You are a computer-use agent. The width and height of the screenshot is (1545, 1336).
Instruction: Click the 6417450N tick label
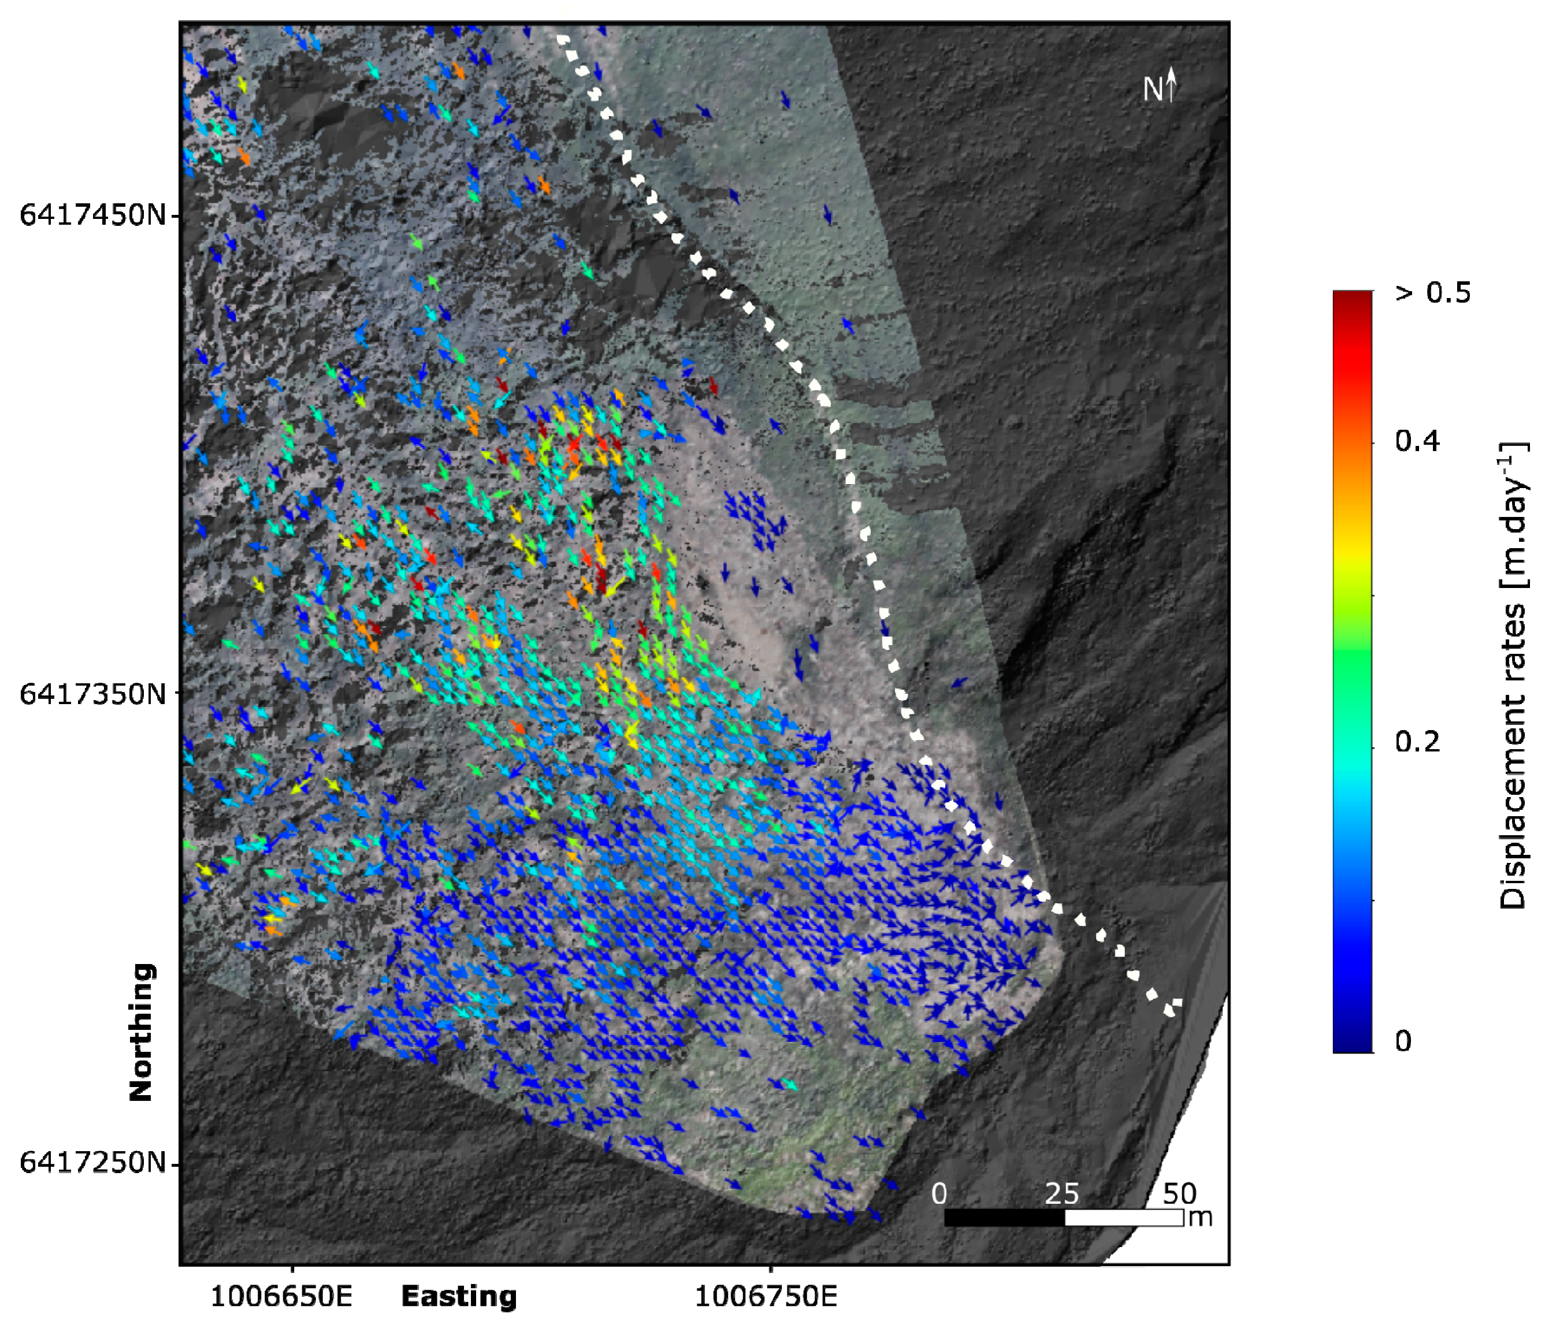tap(92, 215)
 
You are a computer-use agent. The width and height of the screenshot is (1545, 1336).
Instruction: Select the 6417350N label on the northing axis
tap(92, 694)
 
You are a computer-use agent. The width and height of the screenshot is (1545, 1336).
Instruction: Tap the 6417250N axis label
tap(92, 1162)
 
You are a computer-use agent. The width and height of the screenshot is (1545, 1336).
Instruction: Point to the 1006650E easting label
tap(281, 1297)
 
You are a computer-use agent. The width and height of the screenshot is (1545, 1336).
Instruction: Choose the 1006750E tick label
tap(766, 1297)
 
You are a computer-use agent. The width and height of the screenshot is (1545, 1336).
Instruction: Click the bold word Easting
tap(459, 1297)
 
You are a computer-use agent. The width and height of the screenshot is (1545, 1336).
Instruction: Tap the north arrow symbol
tap(1171, 84)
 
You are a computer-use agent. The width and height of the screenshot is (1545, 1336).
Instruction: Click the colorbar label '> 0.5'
tap(1432, 293)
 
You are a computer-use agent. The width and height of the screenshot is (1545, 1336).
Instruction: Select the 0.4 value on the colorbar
tap(1417, 441)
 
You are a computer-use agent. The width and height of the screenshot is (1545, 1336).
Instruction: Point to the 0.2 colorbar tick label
tap(1417, 743)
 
